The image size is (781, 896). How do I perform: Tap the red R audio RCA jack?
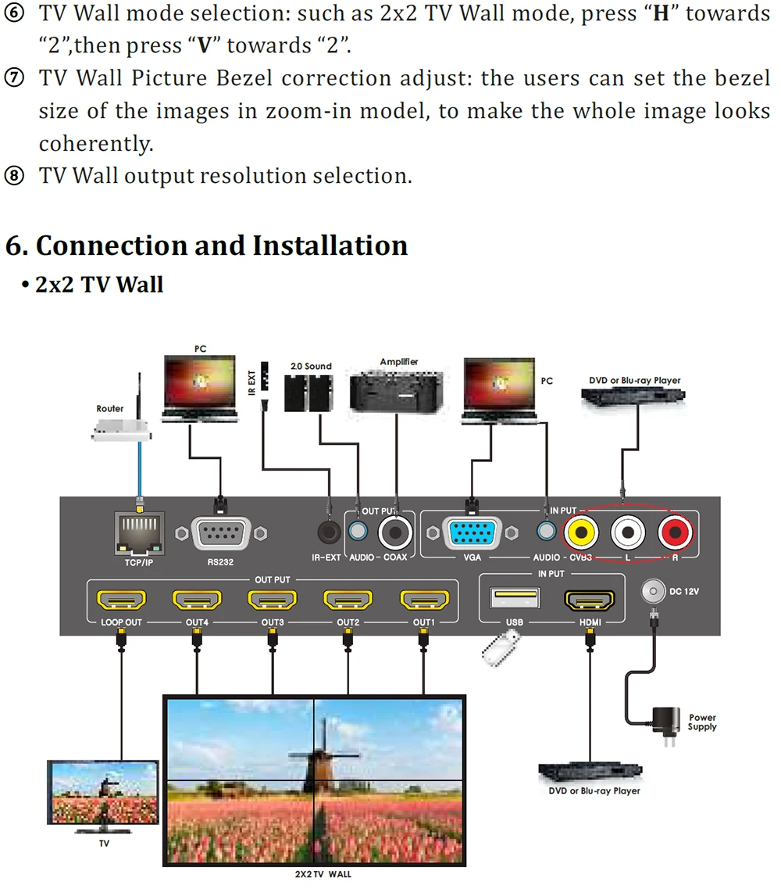(676, 533)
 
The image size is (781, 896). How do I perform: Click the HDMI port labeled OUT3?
(273, 601)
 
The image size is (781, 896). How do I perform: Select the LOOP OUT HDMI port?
(121, 601)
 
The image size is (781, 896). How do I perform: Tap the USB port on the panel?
(515, 599)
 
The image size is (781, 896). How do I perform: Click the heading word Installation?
(325, 246)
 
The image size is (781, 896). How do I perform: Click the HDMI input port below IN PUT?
(590, 600)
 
